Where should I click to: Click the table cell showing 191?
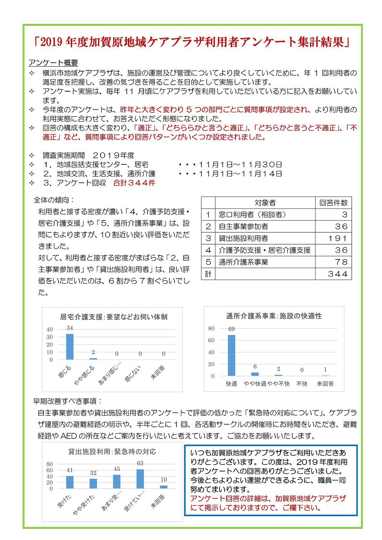(333, 238)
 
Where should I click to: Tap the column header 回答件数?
(333, 202)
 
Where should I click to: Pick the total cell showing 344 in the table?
(333, 274)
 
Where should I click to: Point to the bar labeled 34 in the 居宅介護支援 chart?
(70, 346)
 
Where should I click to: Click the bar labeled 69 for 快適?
(231, 355)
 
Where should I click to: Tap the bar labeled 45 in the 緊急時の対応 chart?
(117, 481)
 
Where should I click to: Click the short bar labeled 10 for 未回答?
(164, 487)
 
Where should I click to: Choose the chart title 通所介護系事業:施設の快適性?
(274, 316)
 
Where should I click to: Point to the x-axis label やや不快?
(278, 384)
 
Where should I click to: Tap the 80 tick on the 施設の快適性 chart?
(211, 328)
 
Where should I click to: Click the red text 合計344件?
(134, 183)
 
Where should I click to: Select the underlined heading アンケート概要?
(53, 63)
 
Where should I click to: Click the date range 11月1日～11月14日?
(241, 174)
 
